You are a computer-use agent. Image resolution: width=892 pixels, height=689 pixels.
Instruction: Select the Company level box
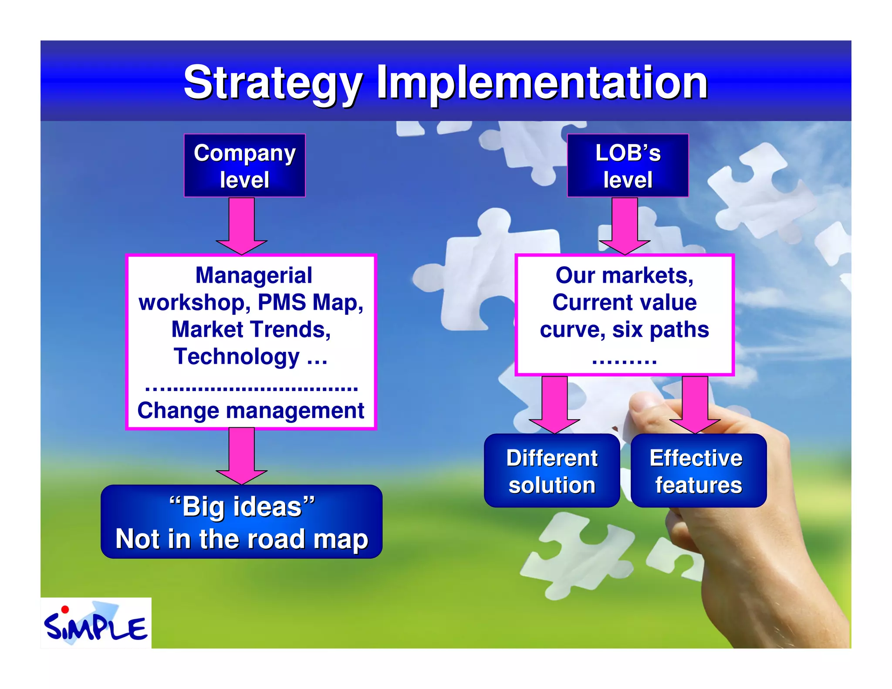pos(244,165)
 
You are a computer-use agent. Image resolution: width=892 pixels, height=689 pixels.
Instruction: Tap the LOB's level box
pos(628,165)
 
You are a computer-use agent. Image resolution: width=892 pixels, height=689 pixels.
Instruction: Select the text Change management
pos(250,410)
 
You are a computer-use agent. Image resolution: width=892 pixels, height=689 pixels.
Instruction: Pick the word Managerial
pos(253,275)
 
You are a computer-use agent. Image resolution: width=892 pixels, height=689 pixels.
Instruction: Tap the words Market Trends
pos(251,329)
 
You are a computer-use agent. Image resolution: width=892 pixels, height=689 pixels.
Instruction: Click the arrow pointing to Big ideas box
pos(241,456)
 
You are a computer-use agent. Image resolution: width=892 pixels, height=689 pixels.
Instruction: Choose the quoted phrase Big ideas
pos(242,507)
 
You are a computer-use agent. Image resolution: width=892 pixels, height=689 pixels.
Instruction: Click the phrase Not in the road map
pos(242,539)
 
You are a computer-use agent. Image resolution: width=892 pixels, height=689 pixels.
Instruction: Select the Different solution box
pos(551,471)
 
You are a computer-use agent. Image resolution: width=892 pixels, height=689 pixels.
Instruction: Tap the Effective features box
pos(698,471)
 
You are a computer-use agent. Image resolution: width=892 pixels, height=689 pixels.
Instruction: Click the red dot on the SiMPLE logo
pos(65,609)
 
